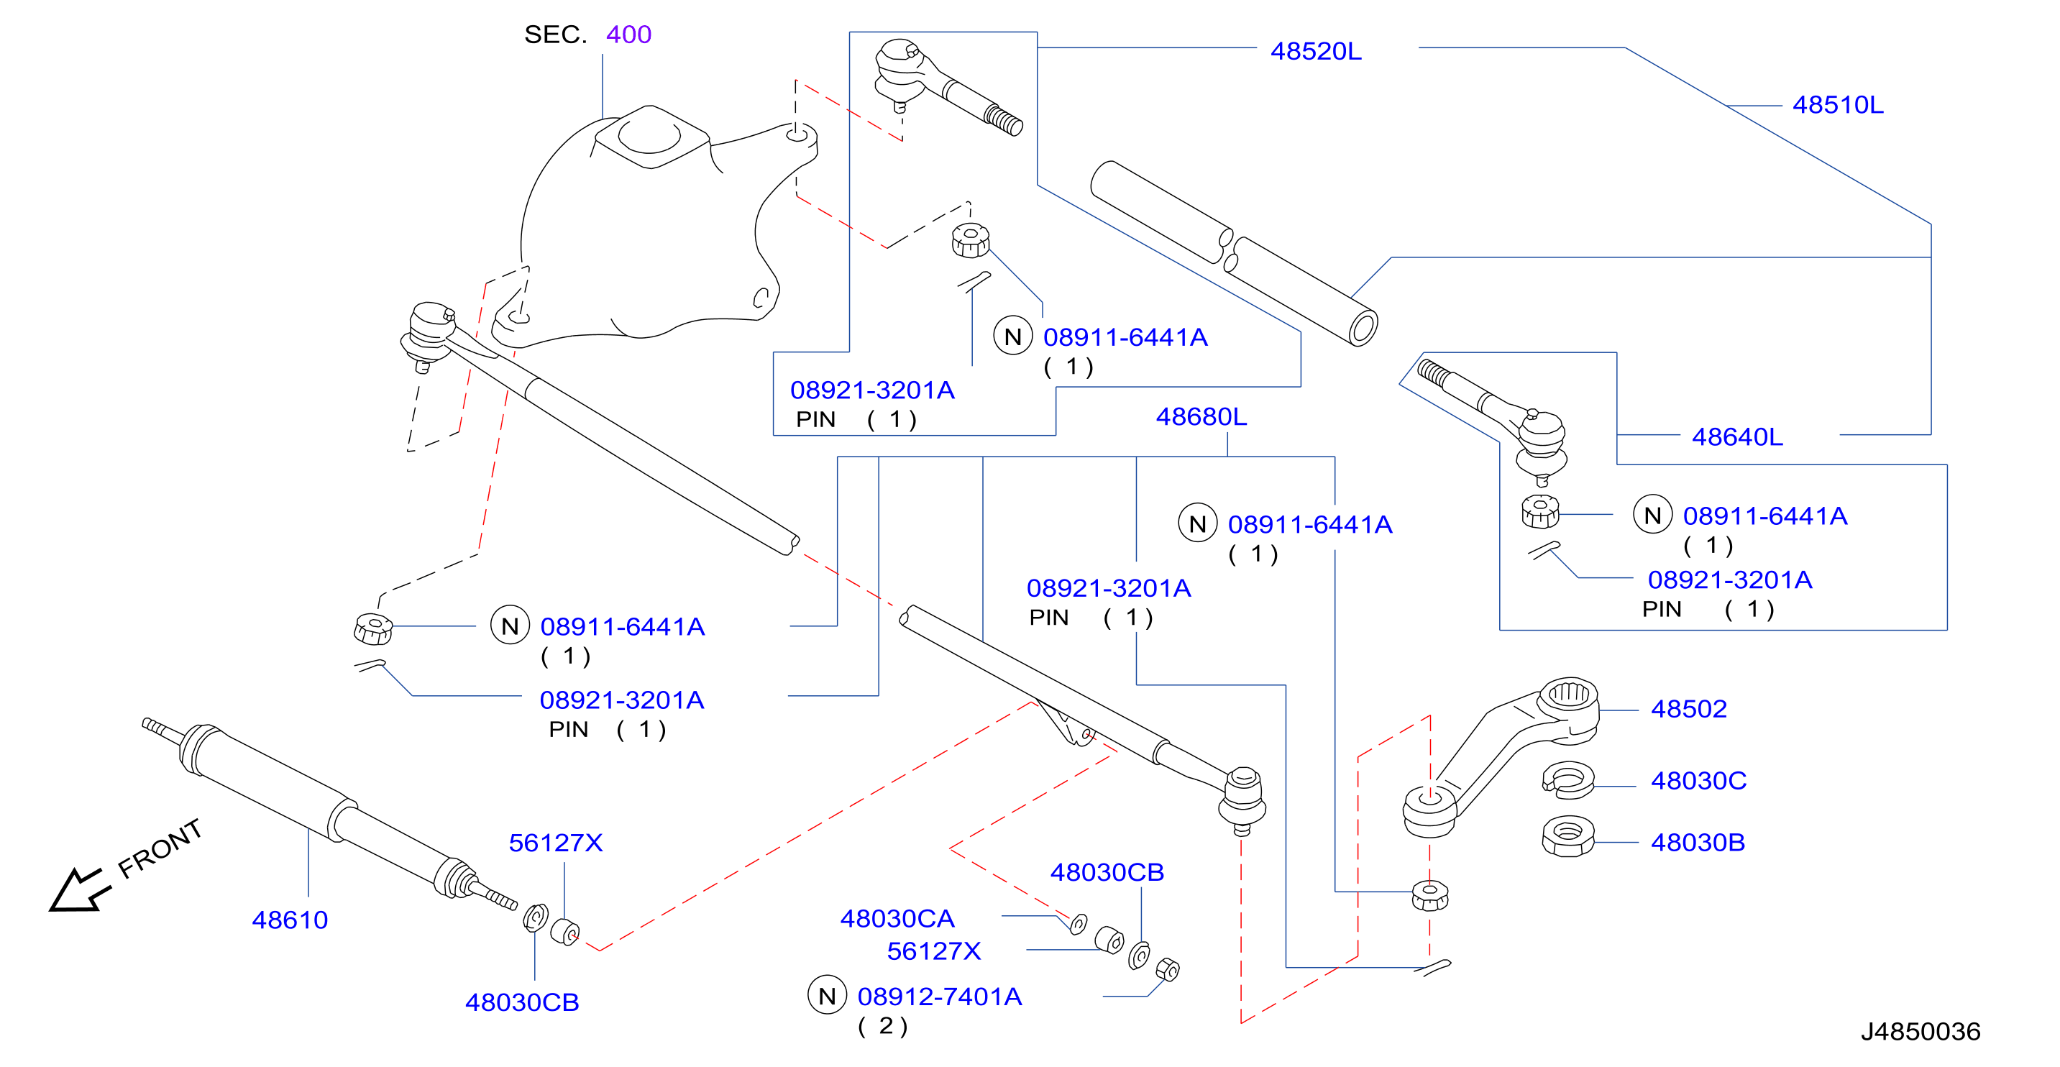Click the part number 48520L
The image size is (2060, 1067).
click(x=1316, y=51)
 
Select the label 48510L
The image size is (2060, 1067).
click(x=1838, y=105)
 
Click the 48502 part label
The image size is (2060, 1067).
click(x=1689, y=709)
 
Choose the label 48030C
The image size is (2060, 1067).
click(x=1698, y=780)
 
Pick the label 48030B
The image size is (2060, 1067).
click(x=1698, y=842)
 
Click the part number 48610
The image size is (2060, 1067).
click(x=290, y=920)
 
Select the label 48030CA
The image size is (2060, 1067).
click(x=897, y=918)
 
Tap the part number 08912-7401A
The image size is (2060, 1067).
click(x=940, y=997)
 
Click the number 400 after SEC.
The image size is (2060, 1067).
click(x=628, y=35)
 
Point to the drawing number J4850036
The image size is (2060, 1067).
click(x=1920, y=1032)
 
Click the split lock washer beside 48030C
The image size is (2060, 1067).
click(x=1567, y=780)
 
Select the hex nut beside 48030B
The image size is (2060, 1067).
click(x=1567, y=837)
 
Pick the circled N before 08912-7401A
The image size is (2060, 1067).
click(x=827, y=996)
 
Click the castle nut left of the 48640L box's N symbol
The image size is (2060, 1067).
click(x=1540, y=511)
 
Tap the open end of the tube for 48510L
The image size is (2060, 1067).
click(x=1363, y=327)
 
